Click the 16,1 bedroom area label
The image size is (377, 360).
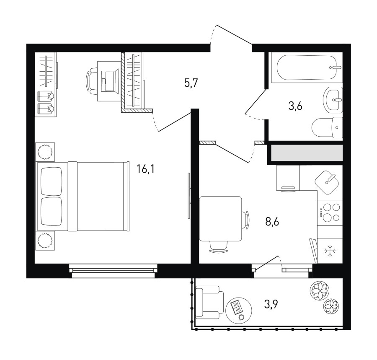point(145,169)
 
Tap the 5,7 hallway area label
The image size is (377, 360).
point(191,83)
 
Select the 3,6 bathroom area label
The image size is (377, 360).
point(295,106)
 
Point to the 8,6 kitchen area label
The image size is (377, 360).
point(272,222)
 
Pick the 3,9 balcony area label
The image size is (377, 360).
point(271,305)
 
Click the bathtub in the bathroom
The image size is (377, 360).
point(307,67)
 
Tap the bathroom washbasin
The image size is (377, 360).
point(333,100)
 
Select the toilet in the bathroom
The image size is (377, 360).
point(327,127)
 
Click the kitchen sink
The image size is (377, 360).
point(327,182)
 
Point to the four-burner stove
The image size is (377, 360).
point(330,212)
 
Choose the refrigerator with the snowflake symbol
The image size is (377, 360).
point(330,251)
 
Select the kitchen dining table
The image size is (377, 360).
point(221,219)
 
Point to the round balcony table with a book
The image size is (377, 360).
point(239,311)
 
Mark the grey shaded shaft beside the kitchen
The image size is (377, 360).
point(307,153)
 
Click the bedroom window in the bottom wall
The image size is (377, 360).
point(113,271)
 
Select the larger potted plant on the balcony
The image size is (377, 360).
point(319,290)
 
